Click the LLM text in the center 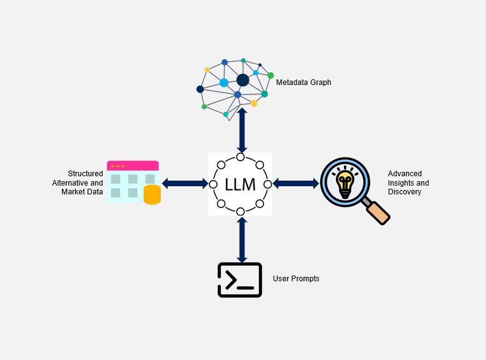pyautogui.click(x=240, y=184)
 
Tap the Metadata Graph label pyautogui.click(x=303, y=82)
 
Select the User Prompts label pyautogui.click(x=296, y=279)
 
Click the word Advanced pyautogui.click(x=405, y=174)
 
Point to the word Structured pyautogui.click(x=85, y=174)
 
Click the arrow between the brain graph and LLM pyautogui.click(x=242, y=130)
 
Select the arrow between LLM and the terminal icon pyautogui.click(x=242, y=240)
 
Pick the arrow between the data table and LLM pyautogui.click(x=185, y=183)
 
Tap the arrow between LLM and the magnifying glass pyautogui.click(x=296, y=183)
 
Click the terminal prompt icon pyautogui.click(x=240, y=280)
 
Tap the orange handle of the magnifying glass pyautogui.click(x=378, y=213)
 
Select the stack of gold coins pyautogui.click(x=152, y=194)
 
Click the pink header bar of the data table pyautogui.click(x=133, y=166)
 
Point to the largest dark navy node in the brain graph pyautogui.click(x=243, y=80)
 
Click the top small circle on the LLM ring pyautogui.click(x=241, y=157)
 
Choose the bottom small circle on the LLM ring pyautogui.click(x=241, y=212)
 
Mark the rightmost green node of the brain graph pyautogui.click(x=271, y=75)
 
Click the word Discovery pyautogui.click(x=405, y=192)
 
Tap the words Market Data pyautogui.click(x=82, y=192)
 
